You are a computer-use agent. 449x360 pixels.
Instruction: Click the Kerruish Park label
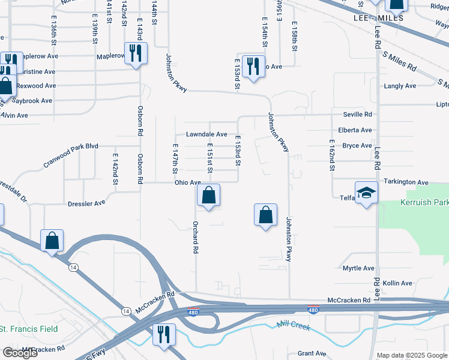pos(424,203)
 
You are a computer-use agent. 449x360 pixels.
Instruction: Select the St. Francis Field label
pos(29,329)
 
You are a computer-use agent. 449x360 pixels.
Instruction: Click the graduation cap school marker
pos(366,193)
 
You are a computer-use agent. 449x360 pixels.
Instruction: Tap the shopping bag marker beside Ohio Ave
pos(208,196)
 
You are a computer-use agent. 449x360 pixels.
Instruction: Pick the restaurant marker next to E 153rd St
pos(253,65)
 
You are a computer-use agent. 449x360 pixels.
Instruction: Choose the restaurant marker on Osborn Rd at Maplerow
pos(135,54)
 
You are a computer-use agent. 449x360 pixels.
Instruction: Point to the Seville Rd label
pos(358,114)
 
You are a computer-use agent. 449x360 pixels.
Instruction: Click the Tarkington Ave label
pos(407,182)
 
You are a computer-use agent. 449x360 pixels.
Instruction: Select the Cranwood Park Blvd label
pos(70,154)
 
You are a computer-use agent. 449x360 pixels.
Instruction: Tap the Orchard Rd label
pos(196,237)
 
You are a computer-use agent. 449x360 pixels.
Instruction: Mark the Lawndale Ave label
pos(206,134)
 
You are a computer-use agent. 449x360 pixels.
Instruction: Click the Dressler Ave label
pos(86,203)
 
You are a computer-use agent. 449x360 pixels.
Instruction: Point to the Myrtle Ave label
pos(358,268)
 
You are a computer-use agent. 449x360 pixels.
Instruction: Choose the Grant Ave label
pos(312,353)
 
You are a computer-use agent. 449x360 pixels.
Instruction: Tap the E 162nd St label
pos(331,155)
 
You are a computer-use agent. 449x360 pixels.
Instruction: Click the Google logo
pos(20,353)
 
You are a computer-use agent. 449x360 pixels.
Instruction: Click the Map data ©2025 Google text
pos(412,355)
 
